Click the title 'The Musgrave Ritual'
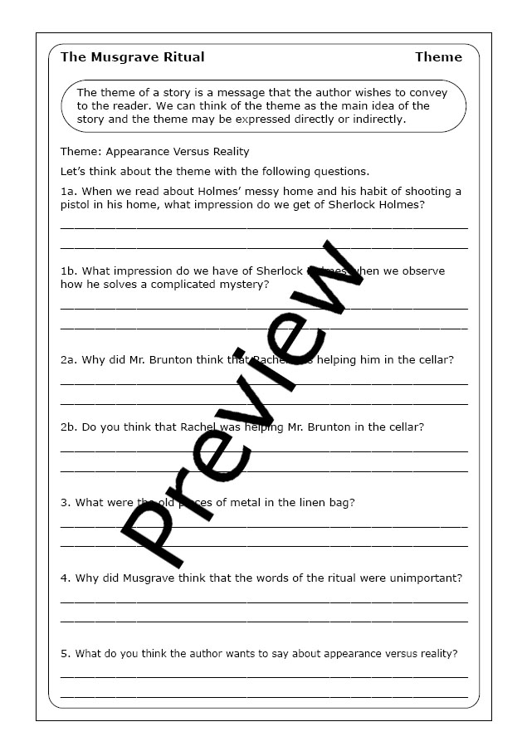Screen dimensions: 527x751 [x=132, y=57]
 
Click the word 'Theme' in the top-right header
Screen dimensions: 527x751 [x=438, y=57]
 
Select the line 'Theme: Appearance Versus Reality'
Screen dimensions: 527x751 [x=154, y=152]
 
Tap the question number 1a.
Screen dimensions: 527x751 [x=68, y=192]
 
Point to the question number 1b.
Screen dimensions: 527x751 [x=68, y=271]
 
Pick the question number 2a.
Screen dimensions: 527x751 [x=68, y=360]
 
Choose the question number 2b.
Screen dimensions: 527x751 [x=68, y=427]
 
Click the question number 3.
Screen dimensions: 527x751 [x=65, y=502]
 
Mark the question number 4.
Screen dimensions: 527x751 [x=65, y=578]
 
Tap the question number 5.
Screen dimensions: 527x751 [x=65, y=653]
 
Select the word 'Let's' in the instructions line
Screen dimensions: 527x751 [x=74, y=172]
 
